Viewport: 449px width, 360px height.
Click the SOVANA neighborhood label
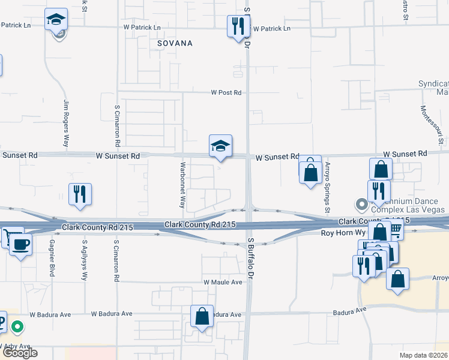[175, 44]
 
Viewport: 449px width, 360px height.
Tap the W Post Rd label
[226, 93]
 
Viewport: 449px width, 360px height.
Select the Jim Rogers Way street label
[65, 124]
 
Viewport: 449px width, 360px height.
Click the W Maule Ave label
[223, 282]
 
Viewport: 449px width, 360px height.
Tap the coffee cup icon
[21, 244]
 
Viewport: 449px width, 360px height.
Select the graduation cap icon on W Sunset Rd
[220, 146]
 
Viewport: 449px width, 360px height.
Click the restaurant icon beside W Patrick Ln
[238, 26]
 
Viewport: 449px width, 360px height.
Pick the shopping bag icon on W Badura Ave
[202, 316]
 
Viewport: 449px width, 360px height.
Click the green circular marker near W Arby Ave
[18, 327]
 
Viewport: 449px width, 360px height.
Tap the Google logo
[20, 353]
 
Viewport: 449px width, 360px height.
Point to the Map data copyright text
[424, 355]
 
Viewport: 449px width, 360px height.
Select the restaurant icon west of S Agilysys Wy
[80, 194]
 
